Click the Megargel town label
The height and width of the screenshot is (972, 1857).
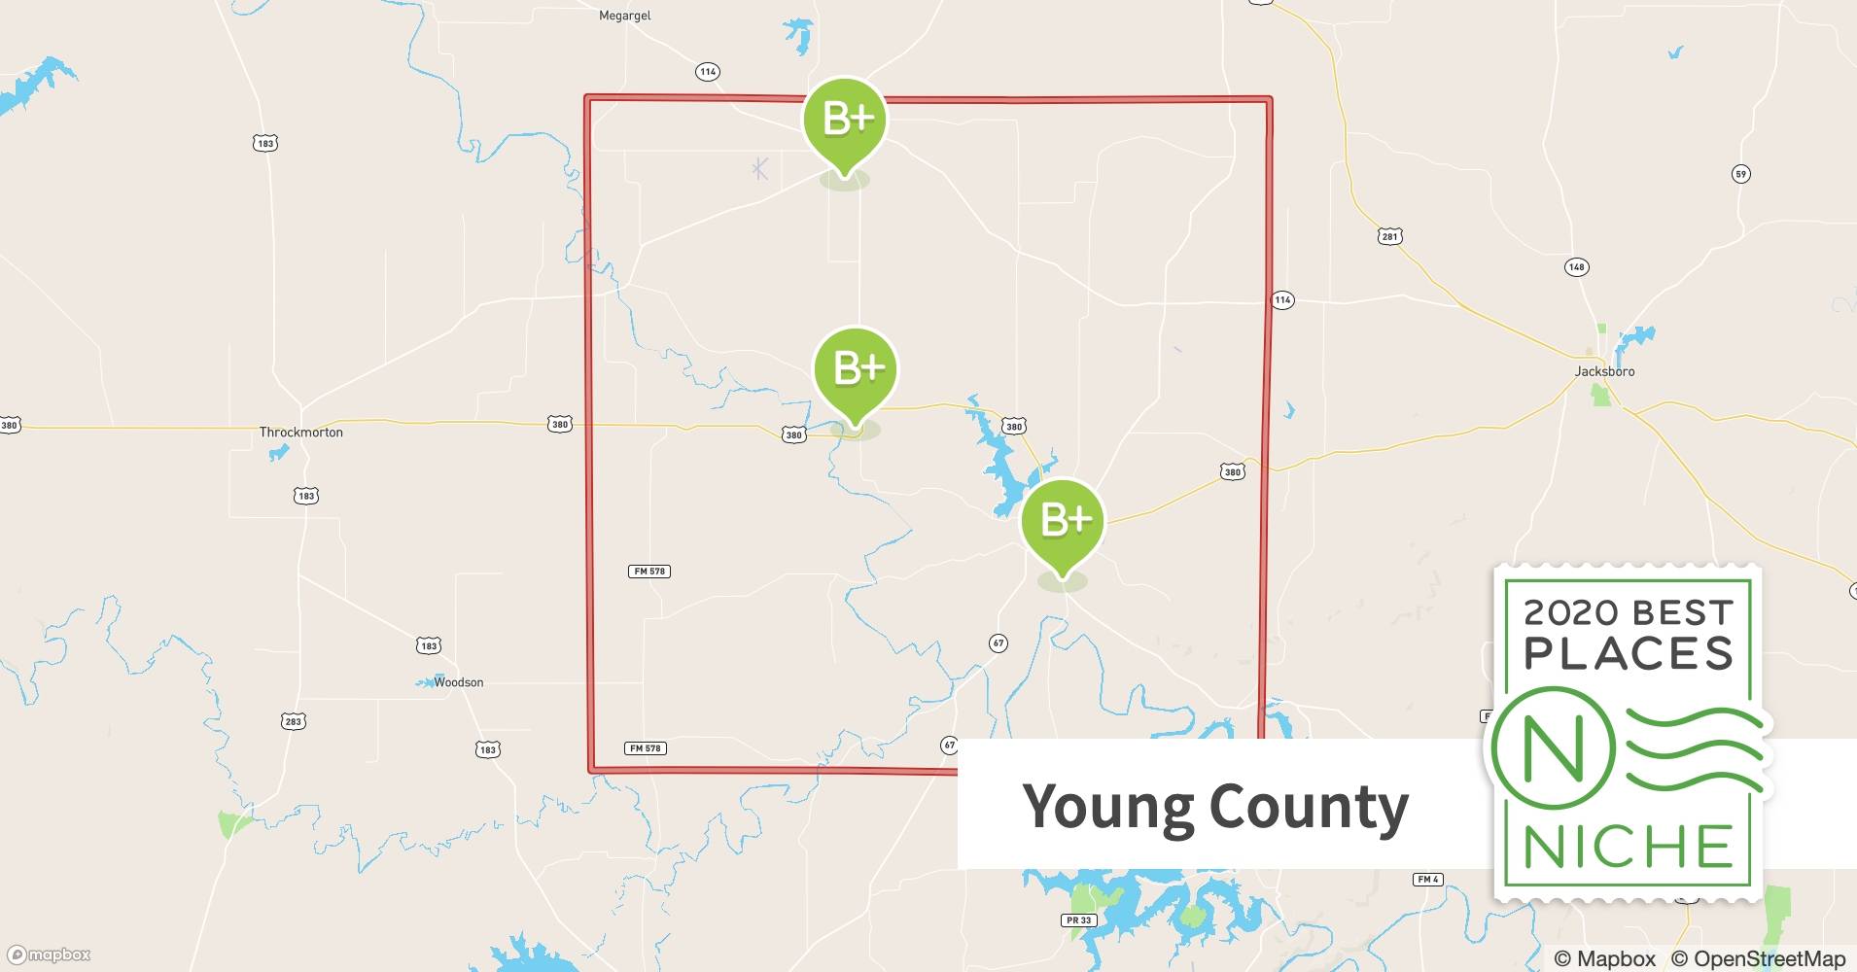point(625,16)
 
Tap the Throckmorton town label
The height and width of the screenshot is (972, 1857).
point(300,432)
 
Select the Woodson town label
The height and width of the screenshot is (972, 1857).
point(458,682)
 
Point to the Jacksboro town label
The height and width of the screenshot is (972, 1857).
point(1604,371)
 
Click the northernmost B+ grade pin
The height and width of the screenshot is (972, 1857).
point(845,121)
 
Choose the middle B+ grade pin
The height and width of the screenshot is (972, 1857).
point(856,370)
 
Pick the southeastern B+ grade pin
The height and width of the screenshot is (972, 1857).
point(1063,522)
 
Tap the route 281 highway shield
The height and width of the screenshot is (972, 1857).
point(1389,236)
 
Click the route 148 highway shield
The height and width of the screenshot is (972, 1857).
point(1576,266)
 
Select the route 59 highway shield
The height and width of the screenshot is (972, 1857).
point(1740,174)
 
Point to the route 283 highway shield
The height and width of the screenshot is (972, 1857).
point(294,721)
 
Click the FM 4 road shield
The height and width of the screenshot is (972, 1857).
point(1427,880)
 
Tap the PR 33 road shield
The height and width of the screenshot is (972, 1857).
point(1078,920)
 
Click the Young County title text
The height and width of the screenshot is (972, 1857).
point(1215,806)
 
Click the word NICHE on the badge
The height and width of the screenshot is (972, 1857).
point(1629,847)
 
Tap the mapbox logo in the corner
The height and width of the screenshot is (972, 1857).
point(50,955)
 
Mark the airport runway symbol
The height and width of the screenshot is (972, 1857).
point(760,169)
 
